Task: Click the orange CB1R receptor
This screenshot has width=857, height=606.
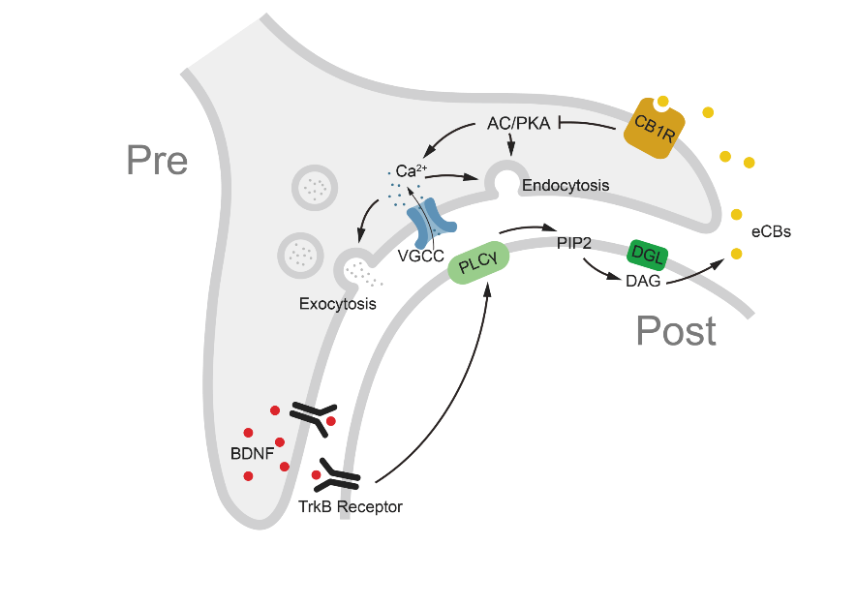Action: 653,126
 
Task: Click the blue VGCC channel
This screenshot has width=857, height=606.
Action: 433,223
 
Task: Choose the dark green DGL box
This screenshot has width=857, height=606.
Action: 647,253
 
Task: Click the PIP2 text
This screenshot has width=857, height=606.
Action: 574,241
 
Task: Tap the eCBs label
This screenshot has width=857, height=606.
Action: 772,232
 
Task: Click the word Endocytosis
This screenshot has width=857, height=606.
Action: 566,184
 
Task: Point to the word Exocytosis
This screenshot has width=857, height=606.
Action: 337,304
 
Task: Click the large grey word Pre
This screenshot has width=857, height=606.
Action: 157,161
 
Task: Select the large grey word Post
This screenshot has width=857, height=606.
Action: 676,331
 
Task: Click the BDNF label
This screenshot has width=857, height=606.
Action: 251,452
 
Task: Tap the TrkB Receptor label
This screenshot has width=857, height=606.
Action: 351,506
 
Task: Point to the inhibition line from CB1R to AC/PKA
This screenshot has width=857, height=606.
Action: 587,125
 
